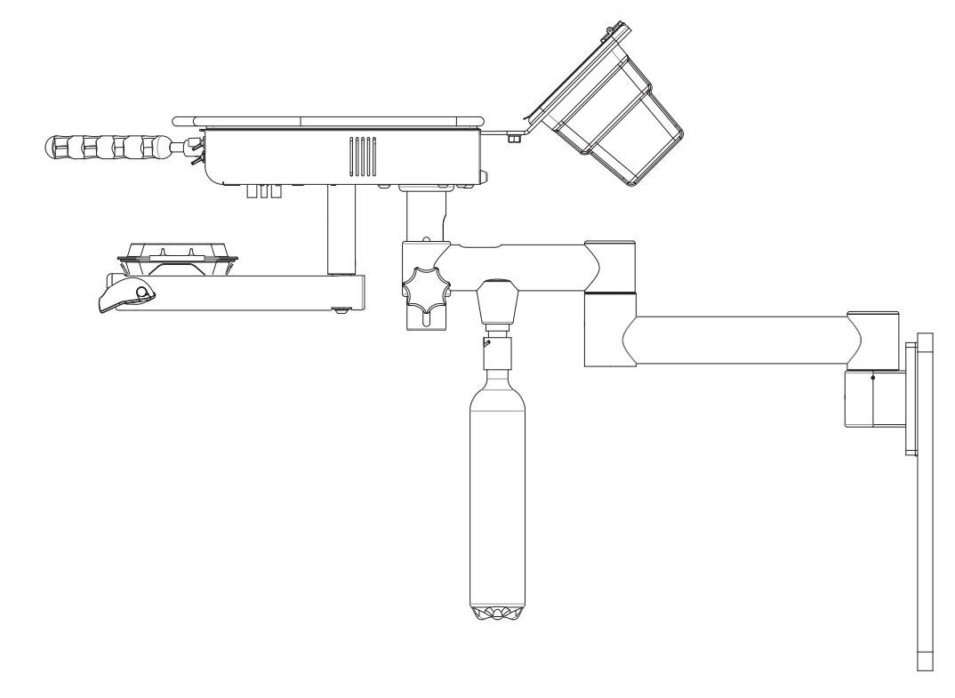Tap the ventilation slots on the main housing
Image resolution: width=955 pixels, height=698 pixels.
pyautogui.click(x=362, y=157)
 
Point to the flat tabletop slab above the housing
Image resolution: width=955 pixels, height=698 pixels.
pyautogui.click(x=329, y=121)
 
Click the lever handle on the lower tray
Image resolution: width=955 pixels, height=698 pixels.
pyautogui.click(x=125, y=293)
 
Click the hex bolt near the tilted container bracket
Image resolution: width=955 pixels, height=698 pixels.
pyautogui.click(x=514, y=139)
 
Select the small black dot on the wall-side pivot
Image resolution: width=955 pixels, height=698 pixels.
pyautogui.click(x=872, y=377)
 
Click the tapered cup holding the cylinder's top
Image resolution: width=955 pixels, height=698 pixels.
pyautogui.click(x=497, y=304)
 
